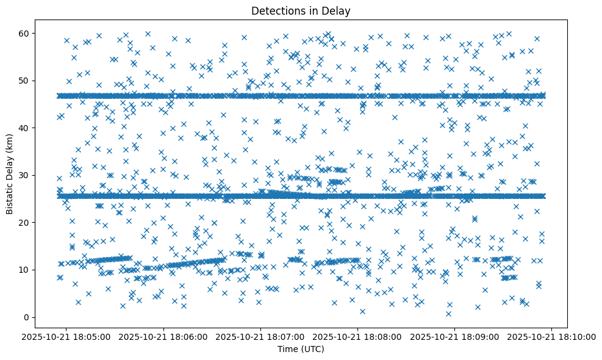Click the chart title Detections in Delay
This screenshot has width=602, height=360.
(x=301, y=10)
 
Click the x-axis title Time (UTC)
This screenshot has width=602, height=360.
(x=301, y=349)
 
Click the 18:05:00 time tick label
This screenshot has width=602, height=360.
(x=67, y=337)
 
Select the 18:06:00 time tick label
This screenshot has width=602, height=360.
(x=164, y=337)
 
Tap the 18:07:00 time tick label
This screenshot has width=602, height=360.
(x=261, y=337)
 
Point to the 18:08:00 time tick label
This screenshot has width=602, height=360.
(x=358, y=337)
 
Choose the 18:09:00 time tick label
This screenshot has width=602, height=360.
(x=455, y=337)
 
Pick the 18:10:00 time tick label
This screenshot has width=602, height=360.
(x=552, y=337)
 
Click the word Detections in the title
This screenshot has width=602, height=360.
(x=278, y=10)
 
